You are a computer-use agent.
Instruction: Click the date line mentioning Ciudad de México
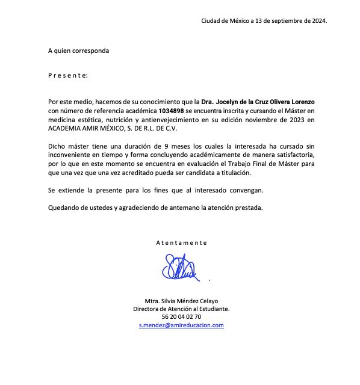tap(264, 21)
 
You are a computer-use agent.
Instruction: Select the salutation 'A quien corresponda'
tap(79, 51)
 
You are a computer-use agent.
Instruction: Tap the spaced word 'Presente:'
tap(68, 76)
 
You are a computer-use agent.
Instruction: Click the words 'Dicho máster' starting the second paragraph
tap(67, 146)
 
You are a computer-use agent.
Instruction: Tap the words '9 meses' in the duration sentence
tap(182, 146)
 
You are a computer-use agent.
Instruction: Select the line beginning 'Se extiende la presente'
tap(163, 191)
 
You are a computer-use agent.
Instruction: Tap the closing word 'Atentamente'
tap(181, 242)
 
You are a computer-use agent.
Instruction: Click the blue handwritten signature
tap(179, 268)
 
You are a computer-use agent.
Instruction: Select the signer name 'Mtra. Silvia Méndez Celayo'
tap(181, 301)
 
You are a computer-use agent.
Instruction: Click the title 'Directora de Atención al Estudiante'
tap(181, 309)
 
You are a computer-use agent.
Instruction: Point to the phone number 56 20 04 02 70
tap(181, 316)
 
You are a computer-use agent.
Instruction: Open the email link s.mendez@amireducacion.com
tap(181, 325)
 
